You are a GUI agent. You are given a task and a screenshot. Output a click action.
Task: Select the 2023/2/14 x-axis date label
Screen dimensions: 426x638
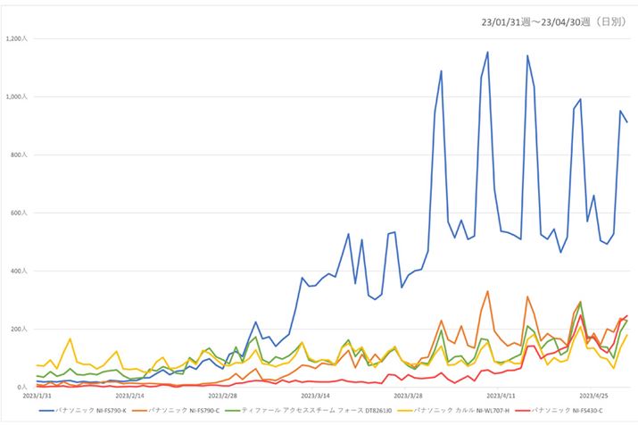[x=130, y=395]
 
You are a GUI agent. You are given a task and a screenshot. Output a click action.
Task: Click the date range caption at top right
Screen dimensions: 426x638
[x=553, y=20]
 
